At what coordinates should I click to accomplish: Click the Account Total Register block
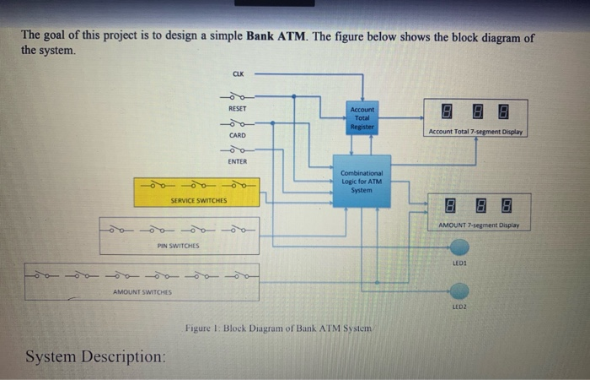click(362, 117)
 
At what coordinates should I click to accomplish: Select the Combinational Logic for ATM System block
click(362, 180)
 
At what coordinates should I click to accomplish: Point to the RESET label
click(238, 109)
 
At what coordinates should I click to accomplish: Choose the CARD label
click(238, 133)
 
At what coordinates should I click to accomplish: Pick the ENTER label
click(238, 160)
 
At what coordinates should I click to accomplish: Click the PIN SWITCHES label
click(178, 246)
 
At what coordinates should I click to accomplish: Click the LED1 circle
click(459, 247)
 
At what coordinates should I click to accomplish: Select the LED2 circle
click(459, 292)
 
